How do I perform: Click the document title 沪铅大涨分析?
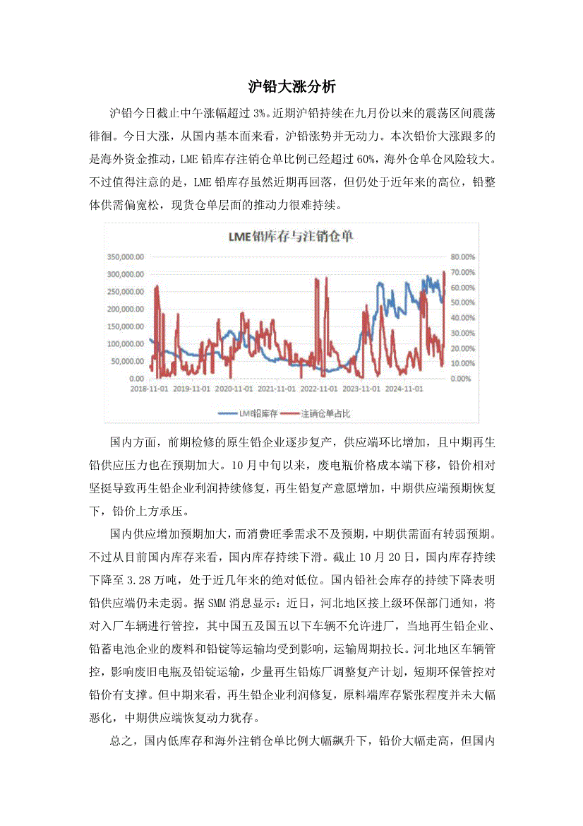291,88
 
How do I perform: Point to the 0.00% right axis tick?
460,379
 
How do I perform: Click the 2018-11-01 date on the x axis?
149,388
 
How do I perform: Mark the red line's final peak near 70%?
444,272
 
